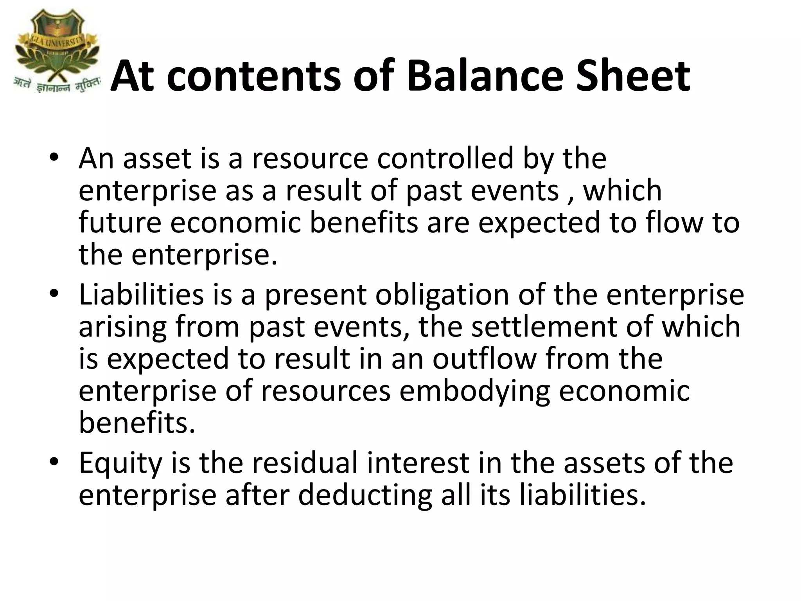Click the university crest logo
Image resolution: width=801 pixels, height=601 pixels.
(57, 43)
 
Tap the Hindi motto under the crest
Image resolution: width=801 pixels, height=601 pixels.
(57, 85)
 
